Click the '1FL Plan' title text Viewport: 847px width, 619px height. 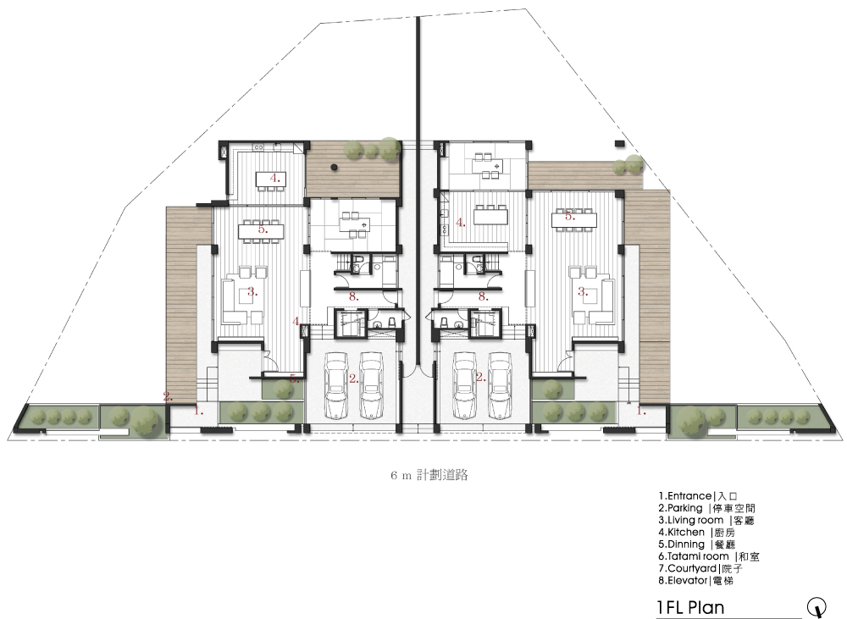click(x=690, y=608)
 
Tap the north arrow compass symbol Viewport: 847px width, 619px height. click(x=817, y=606)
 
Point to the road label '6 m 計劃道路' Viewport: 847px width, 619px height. click(x=429, y=475)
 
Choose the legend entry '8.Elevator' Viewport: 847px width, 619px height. click(x=683, y=581)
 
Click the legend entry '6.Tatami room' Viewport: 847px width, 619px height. click(x=694, y=556)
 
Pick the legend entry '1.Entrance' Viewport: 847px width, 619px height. click(x=685, y=496)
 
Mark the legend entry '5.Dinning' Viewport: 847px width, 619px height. click(x=682, y=544)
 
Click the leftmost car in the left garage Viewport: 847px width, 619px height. click(x=335, y=385)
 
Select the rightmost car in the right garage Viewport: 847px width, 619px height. click(x=500, y=385)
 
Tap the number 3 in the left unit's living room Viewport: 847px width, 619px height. click(x=252, y=292)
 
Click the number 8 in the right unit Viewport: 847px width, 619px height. click(x=483, y=296)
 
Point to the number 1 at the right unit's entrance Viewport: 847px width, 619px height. click(x=641, y=411)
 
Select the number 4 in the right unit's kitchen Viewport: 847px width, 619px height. click(x=460, y=223)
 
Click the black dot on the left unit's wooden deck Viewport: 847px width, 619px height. click(x=335, y=167)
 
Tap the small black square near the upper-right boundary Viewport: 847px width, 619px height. click(x=620, y=143)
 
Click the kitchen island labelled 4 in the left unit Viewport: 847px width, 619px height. click(x=271, y=178)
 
